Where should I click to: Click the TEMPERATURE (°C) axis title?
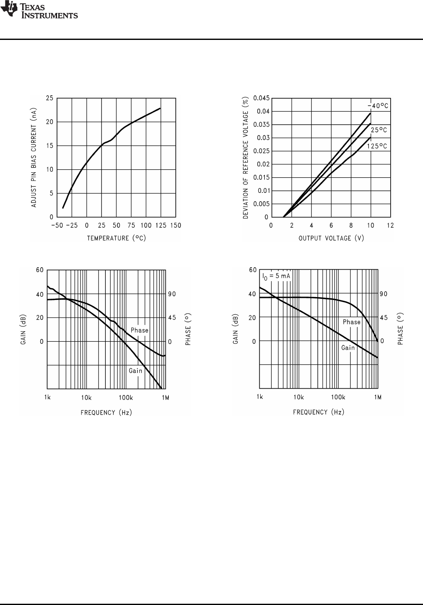117,238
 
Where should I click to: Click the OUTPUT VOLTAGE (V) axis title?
331,238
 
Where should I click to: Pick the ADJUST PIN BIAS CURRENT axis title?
34,158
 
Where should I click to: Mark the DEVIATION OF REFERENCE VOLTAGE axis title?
246,158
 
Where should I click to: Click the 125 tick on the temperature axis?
161,226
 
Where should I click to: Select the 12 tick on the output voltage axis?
390,226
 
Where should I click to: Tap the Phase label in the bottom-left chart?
139,330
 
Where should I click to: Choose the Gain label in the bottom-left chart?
136,371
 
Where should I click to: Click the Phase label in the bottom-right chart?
352,322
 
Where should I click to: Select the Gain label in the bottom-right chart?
348,348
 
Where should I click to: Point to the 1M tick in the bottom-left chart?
165,397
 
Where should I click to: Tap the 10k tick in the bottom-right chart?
298,397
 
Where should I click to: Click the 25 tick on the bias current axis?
50,98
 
